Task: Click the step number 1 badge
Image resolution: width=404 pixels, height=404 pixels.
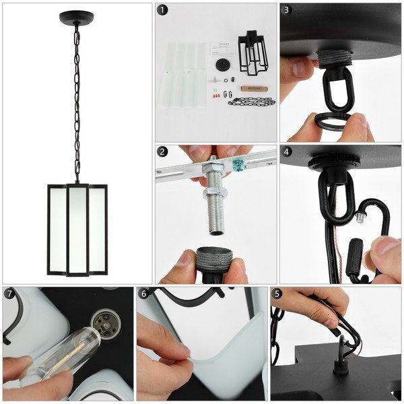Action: tap(162, 10)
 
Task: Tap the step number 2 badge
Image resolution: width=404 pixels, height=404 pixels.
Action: tap(162, 151)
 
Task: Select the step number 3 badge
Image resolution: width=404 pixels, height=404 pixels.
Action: tap(287, 10)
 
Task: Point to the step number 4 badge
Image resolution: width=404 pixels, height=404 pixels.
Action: tap(287, 151)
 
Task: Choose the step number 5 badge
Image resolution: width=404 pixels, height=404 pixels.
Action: tap(278, 294)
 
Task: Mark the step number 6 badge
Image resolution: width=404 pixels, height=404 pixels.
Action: tap(143, 294)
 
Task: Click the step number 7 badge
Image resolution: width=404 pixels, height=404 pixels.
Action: tap(9, 294)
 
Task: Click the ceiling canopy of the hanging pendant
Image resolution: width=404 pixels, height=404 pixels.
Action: tap(76, 17)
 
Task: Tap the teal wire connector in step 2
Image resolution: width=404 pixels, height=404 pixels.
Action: tap(238, 164)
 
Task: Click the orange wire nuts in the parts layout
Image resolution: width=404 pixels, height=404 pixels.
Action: tap(215, 96)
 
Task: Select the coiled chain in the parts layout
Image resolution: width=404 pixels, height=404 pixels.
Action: tap(251, 102)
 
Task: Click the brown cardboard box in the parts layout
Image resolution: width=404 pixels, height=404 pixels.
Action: tap(251, 88)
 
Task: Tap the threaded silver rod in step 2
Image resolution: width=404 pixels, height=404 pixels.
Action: tap(215, 202)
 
